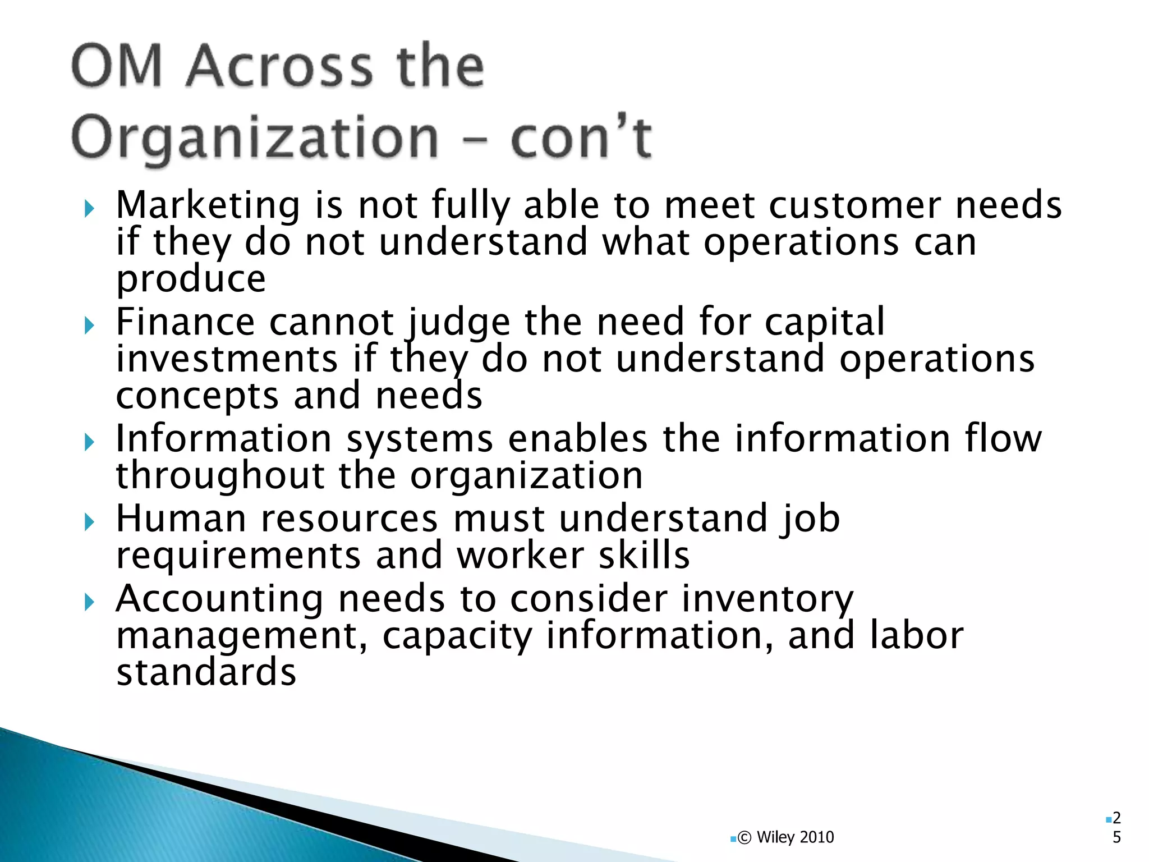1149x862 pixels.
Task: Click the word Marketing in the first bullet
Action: pyautogui.click(x=208, y=205)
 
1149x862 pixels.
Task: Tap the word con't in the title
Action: pyautogui.click(x=581, y=137)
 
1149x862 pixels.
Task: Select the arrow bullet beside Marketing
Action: pyautogui.click(x=89, y=210)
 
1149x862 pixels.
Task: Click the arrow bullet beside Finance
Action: pyautogui.click(x=89, y=325)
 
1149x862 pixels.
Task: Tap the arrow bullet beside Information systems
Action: pyautogui.click(x=89, y=443)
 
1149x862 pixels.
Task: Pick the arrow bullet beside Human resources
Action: pyautogui.click(x=89, y=523)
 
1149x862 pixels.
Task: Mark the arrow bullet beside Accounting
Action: pyautogui.click(x=89, y=603)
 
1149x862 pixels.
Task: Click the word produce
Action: pyautogui.click(x=191, y=279)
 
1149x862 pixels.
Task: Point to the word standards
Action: pyautogui.click(x=206, y=672)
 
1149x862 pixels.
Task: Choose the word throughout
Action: pyautogui.click(x=220, y=476)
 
